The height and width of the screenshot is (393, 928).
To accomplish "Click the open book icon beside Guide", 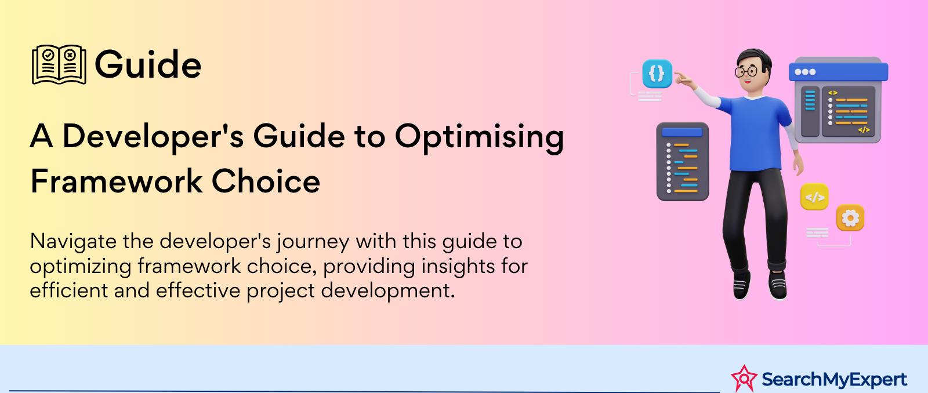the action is point(59,64).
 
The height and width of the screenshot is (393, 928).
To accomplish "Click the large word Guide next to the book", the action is point(148,64).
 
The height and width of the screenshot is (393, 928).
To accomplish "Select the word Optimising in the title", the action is point(479,137).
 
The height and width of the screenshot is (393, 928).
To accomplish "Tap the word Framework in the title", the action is point(117,181).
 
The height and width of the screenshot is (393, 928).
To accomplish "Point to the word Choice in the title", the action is point(266,181).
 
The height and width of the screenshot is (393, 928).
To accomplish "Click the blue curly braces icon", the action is point(657,74).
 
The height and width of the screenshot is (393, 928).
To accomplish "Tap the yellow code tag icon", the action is point(814,196).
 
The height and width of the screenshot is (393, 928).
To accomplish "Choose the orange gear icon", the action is point(850,218).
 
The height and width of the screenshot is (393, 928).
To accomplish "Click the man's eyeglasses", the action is point(746,71).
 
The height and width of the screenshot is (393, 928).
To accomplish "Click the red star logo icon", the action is point(744,378).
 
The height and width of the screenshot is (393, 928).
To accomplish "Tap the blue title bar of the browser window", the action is point(839,72).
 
